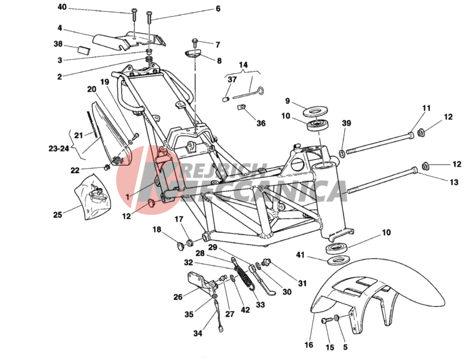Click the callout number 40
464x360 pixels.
point(62,7)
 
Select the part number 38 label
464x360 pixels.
point(58,44)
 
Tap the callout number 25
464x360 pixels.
point(58,215)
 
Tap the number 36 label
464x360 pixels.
point(261,123)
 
